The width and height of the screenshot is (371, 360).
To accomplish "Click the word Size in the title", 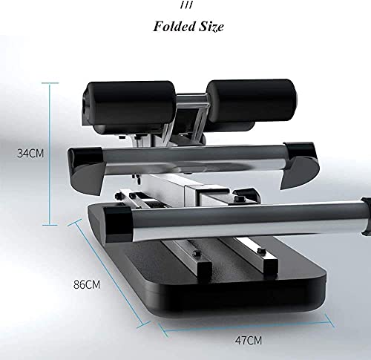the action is click(211, 26).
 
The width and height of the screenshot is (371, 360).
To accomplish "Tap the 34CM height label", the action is click(30, 154).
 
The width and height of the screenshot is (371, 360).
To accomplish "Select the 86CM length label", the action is click(87, 284).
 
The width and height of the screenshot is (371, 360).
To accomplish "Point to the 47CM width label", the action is click(249, 341).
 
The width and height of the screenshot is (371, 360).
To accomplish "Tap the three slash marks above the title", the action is click(186, 4).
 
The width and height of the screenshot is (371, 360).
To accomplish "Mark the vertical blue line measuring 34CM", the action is click(50, 154).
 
